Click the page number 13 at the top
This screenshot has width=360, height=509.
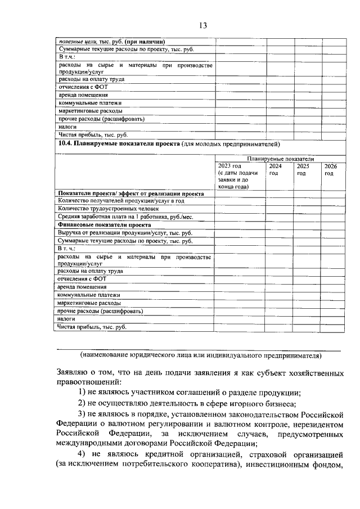pos(203,25)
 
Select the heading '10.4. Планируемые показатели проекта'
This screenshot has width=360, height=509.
pos(119,144)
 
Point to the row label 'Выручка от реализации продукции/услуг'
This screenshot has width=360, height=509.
pos(125,232)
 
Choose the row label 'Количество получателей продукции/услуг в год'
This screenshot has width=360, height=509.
pos(121,200)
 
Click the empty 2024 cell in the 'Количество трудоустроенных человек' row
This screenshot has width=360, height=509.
pos(280,208)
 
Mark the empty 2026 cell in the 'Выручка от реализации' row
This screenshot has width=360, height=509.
pos(334,232)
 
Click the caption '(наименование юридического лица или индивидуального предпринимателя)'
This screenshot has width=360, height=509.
pos(200,355)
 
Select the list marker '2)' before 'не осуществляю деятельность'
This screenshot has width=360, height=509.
pos(82,404)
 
